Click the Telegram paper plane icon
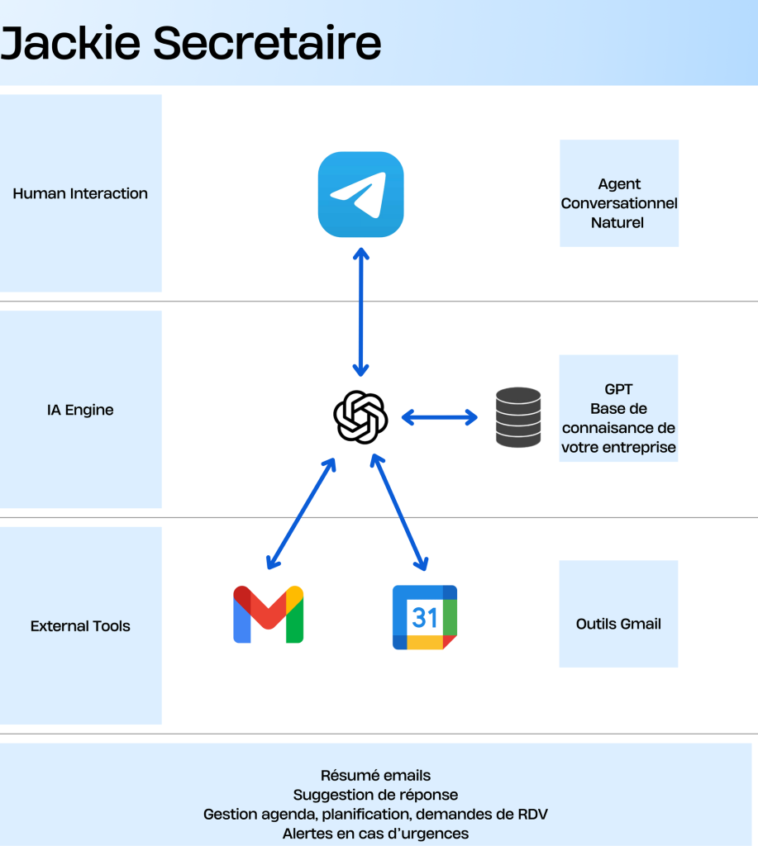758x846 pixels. (x=360, y=194)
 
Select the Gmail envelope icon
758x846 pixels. (x=268, y=615)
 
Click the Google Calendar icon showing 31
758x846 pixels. (x=425, y=616)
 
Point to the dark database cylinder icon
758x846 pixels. (x=518, y=417)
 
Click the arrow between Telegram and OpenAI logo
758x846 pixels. (x=360, y=310)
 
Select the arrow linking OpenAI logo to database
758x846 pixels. (x=440, y=417)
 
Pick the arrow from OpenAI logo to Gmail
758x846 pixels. (x=301, y=514)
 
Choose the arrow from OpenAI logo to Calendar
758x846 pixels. (x=399, y=514)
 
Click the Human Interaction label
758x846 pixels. (x=80, y=193)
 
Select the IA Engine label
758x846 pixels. (x=80, y=410)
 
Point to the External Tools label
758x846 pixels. (x=80, y=626)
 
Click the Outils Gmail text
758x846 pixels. (x=618, y=624)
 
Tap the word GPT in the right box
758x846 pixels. (x=618, y=390)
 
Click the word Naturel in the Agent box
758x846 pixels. (x=618, y=222)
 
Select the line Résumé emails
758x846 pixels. (x=375, y=776)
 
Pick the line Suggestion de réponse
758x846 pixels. (x=375, y=795)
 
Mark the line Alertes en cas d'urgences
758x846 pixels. (x=375, y=834)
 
